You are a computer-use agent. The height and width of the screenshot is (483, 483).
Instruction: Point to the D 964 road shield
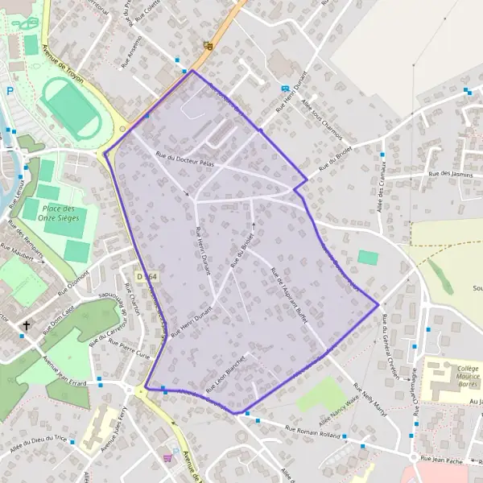click(x=147, y=276)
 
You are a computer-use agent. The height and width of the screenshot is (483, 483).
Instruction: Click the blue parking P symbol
click(x=9, y=91)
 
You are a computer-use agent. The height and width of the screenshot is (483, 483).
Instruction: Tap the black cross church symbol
click(x=27, y=325)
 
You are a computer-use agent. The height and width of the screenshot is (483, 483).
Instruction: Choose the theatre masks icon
click(x=208, y=47)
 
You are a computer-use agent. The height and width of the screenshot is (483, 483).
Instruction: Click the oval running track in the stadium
click(x=72, y=109)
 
